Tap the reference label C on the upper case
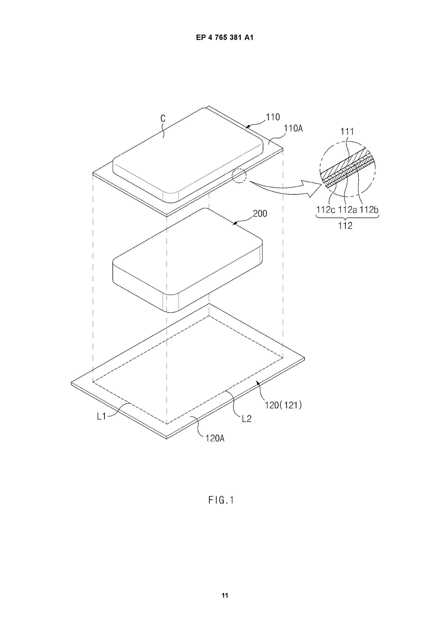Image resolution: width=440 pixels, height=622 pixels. [163, 118]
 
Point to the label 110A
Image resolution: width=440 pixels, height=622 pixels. [293, 128]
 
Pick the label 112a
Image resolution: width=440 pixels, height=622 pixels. [347, 210]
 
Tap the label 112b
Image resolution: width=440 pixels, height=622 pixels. [369, 210]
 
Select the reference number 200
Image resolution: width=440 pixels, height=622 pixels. [260, 214]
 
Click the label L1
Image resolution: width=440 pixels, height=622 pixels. [101, 416]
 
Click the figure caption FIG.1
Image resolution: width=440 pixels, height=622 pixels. [221, 500]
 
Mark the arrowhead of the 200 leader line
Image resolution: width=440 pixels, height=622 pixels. [234, 224]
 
